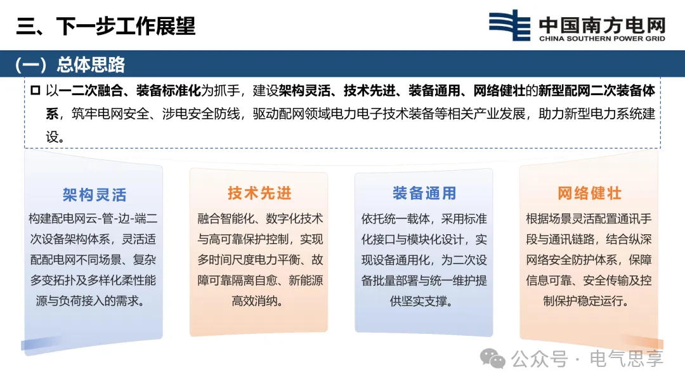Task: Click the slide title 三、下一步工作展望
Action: click(106, 26)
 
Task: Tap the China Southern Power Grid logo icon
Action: click(509, 25)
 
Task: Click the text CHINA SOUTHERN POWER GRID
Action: click(602, 39)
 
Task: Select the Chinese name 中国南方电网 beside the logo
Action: click(602, 25)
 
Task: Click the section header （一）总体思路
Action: click(70, 65)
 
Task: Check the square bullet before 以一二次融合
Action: click(36, 91)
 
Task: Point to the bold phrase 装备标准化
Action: click(169, 91)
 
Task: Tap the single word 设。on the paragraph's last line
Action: click(55, 137)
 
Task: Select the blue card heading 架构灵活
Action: click(95, 195)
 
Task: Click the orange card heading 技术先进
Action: click(259, 193)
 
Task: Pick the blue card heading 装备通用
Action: click(424, 193)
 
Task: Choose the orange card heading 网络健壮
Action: click(589, 193)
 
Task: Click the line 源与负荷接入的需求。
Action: click(91, 301)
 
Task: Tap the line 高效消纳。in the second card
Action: click(258, 301)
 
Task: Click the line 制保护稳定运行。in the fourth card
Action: click(586, 301)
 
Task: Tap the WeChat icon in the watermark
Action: click(493, 359)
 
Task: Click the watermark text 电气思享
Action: click(627, 359)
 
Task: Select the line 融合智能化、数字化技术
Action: click(260, 218)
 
